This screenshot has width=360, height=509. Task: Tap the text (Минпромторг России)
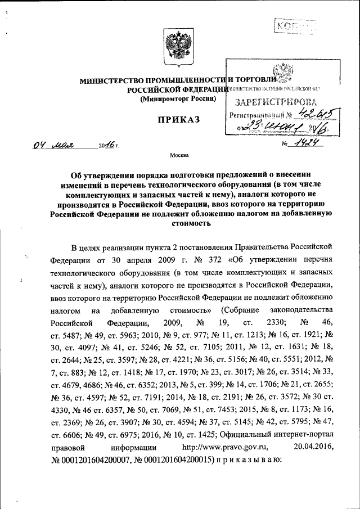[x=178, y=99]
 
